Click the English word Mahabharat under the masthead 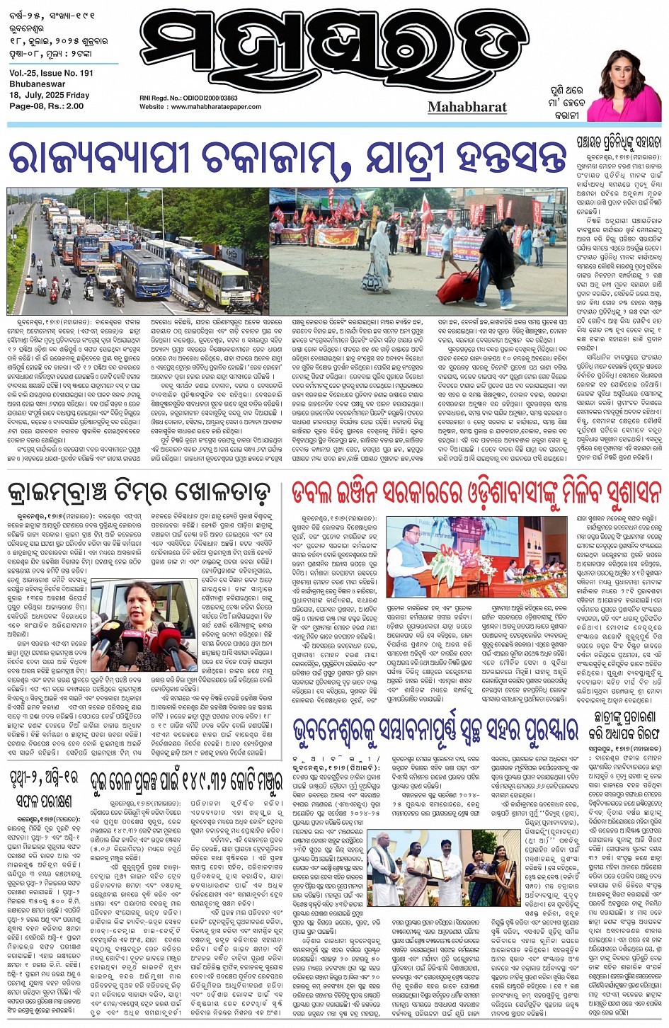pos(467,107)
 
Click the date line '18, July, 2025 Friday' pos(50,95)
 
